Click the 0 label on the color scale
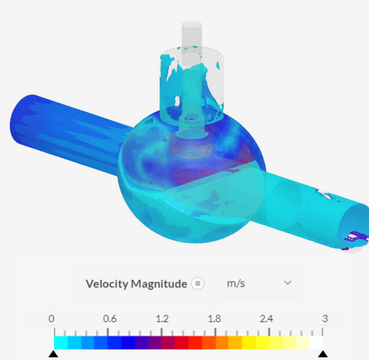click(51, 319)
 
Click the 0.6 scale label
click(110, 319)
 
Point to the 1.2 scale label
click(162, 319)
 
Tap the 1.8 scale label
click(215, 319)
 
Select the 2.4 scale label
click(266, 319)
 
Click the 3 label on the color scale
click(325, 319)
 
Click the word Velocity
click(107, 284)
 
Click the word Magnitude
click(159, 284)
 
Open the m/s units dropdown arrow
click(288, 283)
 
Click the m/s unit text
click(236, 283)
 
